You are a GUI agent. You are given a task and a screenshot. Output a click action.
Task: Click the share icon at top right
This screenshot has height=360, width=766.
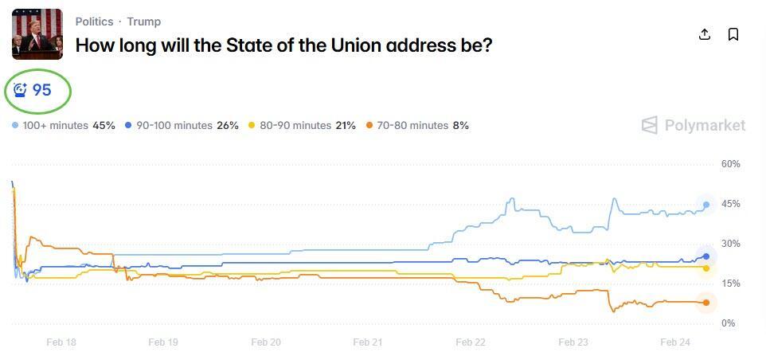pos(704,34)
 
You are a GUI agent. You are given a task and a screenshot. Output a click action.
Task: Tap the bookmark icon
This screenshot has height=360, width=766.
pos(733,34)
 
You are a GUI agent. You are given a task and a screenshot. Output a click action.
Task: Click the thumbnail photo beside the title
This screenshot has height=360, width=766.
pos(37,34)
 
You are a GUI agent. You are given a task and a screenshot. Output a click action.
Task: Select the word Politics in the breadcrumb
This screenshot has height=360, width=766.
pos(94,22)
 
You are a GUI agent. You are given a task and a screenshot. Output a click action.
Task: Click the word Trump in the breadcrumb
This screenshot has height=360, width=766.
pos(144,22)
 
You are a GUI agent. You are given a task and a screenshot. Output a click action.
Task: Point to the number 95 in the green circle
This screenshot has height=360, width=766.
pos(41,91)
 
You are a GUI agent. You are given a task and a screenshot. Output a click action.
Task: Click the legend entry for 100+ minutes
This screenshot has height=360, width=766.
pos(64,126)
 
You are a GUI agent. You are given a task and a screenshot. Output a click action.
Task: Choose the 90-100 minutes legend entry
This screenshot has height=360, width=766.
pos(182,126)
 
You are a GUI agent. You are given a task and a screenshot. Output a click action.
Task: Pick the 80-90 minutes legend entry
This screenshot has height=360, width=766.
pos(302,126)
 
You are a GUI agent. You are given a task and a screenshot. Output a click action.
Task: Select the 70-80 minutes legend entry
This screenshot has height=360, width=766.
pos(417,126)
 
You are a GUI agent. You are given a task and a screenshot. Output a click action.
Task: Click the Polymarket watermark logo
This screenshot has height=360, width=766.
pos(694,125)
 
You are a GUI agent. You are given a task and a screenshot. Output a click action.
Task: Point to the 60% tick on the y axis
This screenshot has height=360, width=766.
pos(730,164)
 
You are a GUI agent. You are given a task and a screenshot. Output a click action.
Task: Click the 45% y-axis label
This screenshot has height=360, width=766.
pos(730,204)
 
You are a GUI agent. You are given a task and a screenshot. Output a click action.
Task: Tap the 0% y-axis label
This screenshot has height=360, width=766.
pos(728,323)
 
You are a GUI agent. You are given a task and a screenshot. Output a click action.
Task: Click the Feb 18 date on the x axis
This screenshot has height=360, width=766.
pos(61,342)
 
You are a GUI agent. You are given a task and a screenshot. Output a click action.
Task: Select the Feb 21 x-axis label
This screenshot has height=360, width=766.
pos(367,342)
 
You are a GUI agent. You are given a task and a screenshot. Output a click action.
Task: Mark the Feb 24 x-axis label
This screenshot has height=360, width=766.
pos(674,342)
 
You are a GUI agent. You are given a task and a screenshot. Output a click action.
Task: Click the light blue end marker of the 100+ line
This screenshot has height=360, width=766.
pos(705,205)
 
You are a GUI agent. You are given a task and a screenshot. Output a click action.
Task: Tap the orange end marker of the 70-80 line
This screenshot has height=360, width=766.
pos(705,303)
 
